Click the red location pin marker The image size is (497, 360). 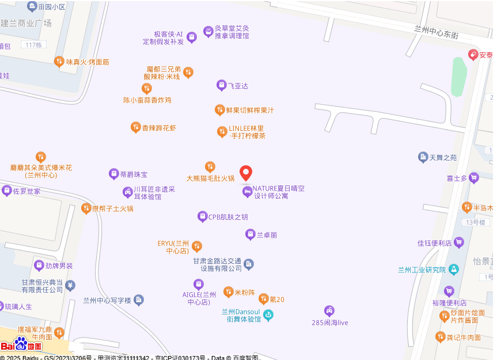(x=246, y=173)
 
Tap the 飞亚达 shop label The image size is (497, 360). (x=237, y=86)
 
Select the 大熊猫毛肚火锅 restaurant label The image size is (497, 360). (x=210, y=178)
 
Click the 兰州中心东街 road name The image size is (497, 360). (x=436, y=32)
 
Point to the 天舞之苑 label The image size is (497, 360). (x=443, y=157)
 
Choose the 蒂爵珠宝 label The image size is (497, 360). (x=134, y=174)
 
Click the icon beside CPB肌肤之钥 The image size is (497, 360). (x=202, y=217)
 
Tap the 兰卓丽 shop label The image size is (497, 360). (x=267, y=235)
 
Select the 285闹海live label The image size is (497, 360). (x=329, y=323)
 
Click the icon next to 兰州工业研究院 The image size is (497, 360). (x=454, y=269)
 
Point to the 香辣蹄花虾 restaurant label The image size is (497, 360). (x=159, y=128)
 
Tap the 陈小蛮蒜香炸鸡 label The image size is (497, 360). (x=147, y=100)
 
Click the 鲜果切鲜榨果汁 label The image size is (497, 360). (x=249, y=110)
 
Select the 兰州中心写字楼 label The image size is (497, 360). (x=108, y=300)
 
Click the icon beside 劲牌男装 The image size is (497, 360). (x=40, y=266)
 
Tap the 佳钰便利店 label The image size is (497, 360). (x=434, y=243)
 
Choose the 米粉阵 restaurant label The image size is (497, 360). (x=244, y=293)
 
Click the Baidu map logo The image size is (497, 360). (x=21, y=345)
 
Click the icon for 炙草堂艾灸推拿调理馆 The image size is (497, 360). (x=208, y=32)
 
